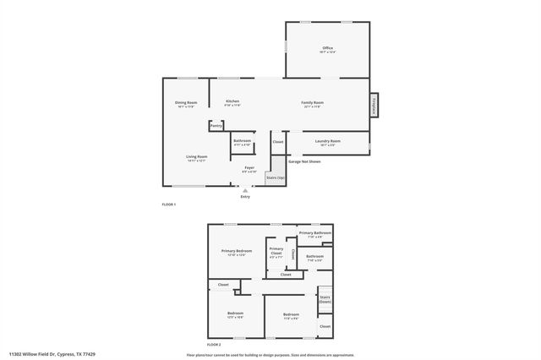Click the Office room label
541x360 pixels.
tap(327, 49)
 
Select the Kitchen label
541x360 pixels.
tap(232, 102)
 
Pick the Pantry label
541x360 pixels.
tap(216, 126)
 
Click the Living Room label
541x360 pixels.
tap(197, 157)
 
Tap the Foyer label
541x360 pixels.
tap(249, 168)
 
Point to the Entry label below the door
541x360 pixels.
tap(245, 197)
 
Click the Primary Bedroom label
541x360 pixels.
tap(237, 251)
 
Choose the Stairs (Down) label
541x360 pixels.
tap(325, 298)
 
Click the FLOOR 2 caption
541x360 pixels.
tap(215, 346)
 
